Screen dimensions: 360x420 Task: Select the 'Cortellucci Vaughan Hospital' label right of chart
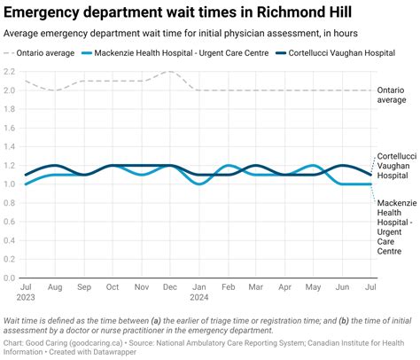click(395, 165)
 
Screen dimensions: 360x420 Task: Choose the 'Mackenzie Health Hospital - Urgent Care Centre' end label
click(396, 228)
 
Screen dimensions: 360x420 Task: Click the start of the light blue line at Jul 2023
click(27, 184)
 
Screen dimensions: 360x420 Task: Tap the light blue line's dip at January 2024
click(199, 184)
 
